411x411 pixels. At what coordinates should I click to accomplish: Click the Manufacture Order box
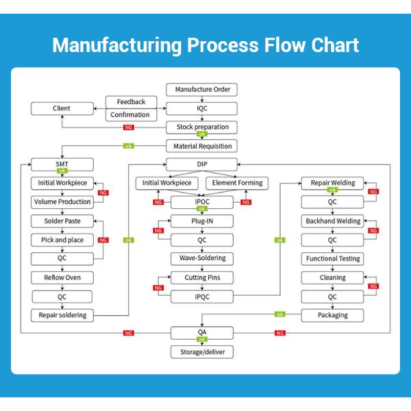[202, 90]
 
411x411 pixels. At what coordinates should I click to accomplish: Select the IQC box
[202, 108]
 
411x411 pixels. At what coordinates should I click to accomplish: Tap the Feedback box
[131, 102]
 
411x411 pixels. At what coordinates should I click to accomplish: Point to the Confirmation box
[131, 115]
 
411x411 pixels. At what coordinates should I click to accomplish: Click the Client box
[62, 108]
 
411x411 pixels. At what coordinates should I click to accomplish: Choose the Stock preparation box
[202, 127]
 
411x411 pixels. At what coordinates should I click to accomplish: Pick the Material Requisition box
[202, 145]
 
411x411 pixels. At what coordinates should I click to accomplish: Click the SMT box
[62, 164]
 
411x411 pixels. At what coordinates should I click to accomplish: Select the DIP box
[202, 164]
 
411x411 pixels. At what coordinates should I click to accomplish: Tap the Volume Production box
[62, 202]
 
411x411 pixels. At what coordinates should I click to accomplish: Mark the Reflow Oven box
[62, 277]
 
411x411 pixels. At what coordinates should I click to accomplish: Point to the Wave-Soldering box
[202, 259]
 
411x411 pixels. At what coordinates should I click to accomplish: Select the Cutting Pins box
[202, 277]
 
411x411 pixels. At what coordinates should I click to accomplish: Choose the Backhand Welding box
[332, 221]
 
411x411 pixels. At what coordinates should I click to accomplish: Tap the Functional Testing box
[332, 259]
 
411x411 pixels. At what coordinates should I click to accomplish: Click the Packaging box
[332, 315]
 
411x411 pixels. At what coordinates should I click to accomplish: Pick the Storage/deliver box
[202, 352]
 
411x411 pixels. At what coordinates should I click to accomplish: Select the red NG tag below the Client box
[128, 127]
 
